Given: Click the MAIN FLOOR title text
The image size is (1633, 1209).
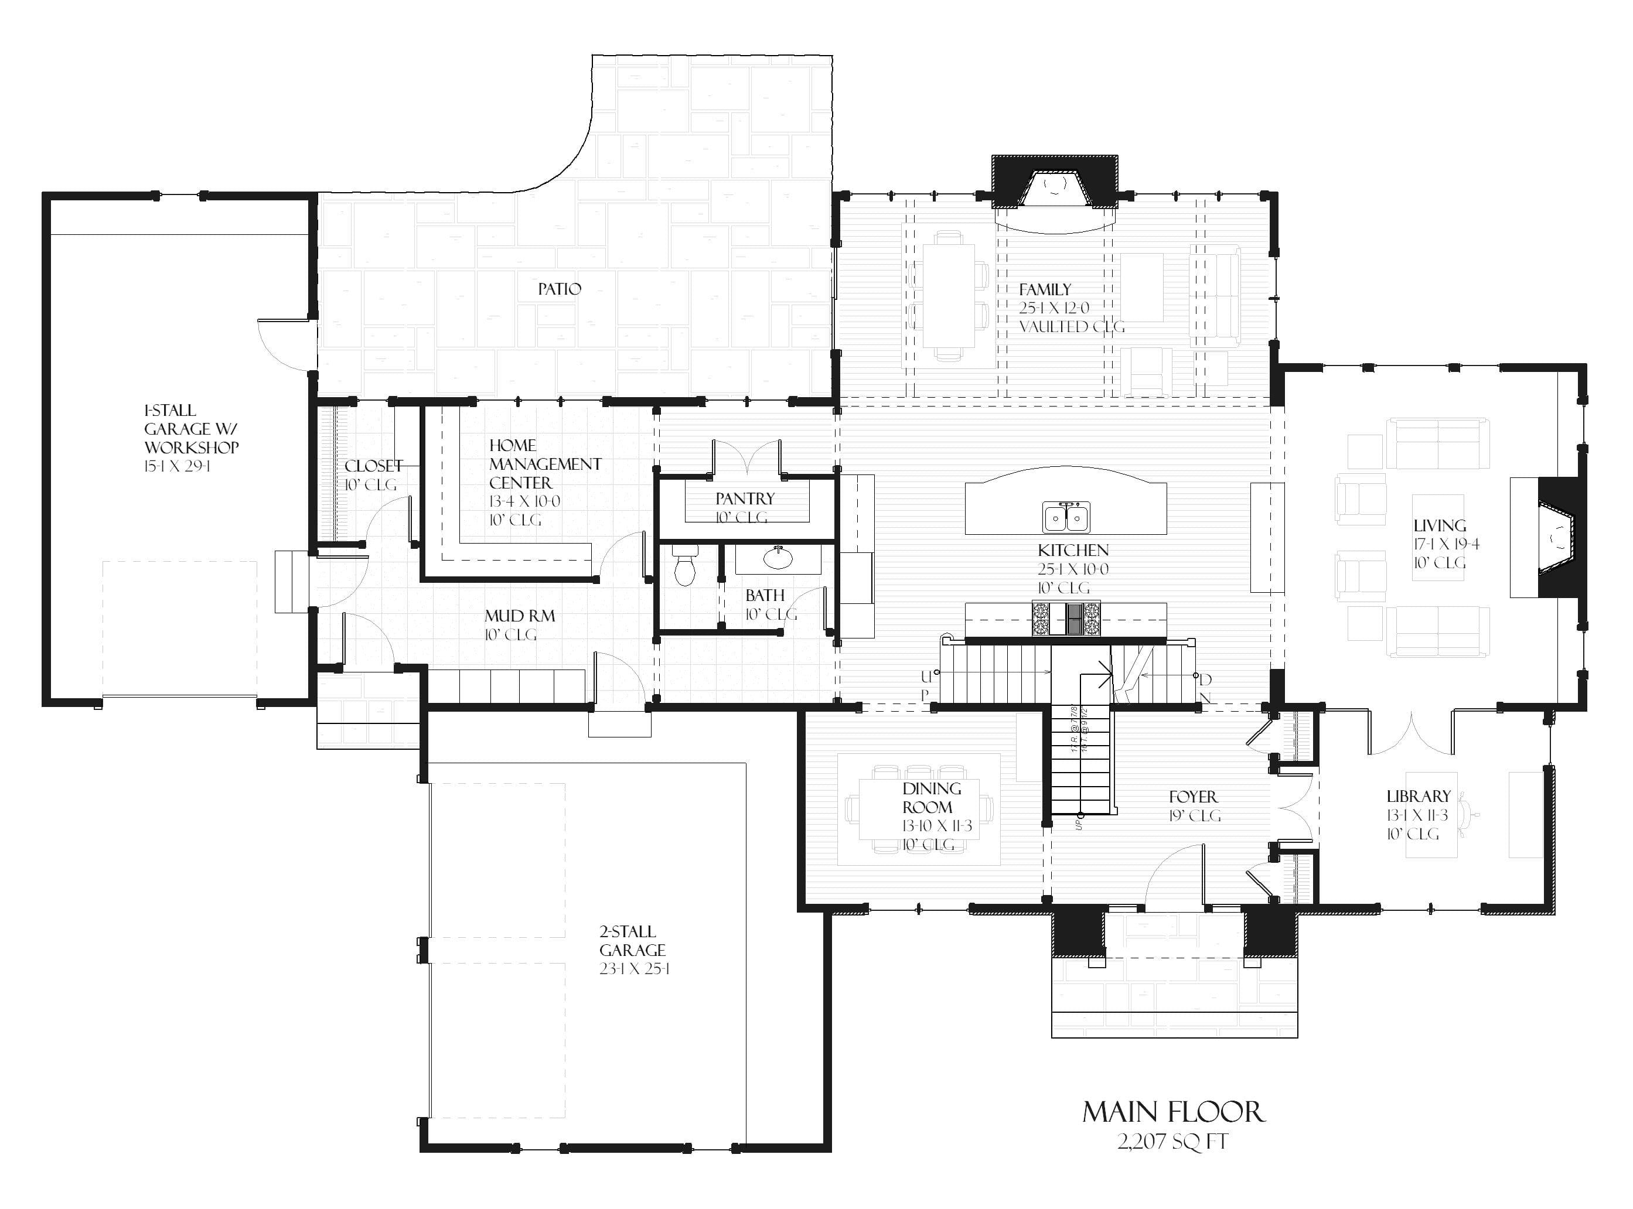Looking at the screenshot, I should (x=1172, y=1112).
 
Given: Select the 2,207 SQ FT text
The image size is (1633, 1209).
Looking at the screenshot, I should (x=1172, y=1142).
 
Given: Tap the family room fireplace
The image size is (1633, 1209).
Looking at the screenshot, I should (x=1054, y=187).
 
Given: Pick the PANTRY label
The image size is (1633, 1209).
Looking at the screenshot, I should (x=744, y=499).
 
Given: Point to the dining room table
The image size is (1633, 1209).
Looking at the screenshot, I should (x=919, y=809).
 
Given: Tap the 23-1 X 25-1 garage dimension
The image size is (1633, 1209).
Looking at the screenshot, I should (x=635, y=969).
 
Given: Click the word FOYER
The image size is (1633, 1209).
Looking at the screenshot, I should (x=1193, y=797).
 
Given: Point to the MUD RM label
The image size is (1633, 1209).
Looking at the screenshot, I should (x=520, y=616).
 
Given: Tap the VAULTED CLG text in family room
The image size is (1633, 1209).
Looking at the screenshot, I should (x=1072, y=327).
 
